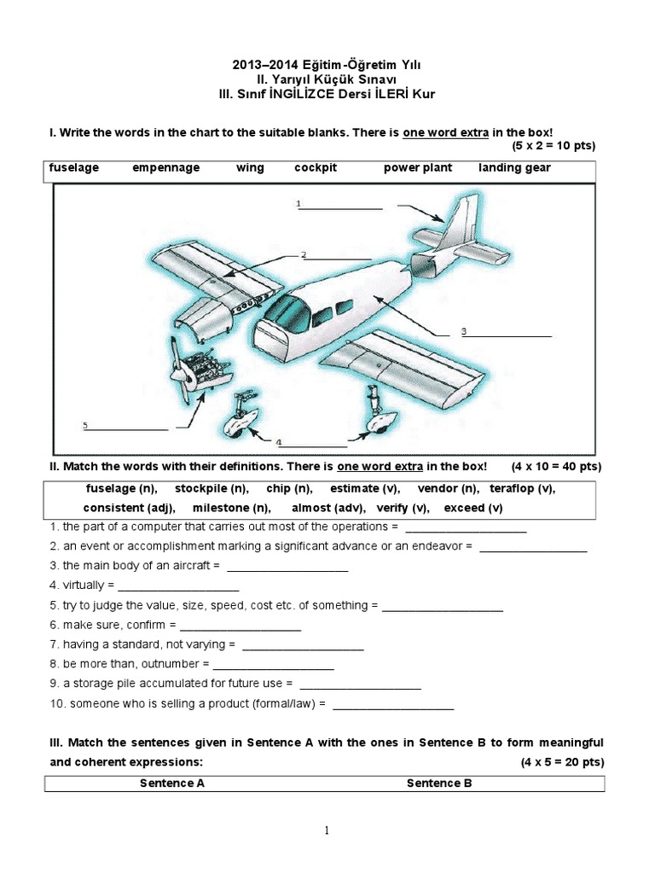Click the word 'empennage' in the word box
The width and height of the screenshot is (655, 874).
click(165, 168)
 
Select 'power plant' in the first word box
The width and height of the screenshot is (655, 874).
click(418, 168)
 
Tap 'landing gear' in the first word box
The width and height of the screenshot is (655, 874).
click(514, 168)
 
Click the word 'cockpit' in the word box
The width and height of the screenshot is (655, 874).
click(316, 168)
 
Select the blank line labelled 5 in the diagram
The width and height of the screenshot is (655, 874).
click(126, 428)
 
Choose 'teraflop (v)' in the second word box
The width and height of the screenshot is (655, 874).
click(523, 489)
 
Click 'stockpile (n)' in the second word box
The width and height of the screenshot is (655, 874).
click(212, 489)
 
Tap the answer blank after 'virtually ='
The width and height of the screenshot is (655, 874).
click(178, 587)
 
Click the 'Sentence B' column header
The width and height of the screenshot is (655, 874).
click(439, 783)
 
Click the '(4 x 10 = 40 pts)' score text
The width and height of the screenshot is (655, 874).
click(556, 467)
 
